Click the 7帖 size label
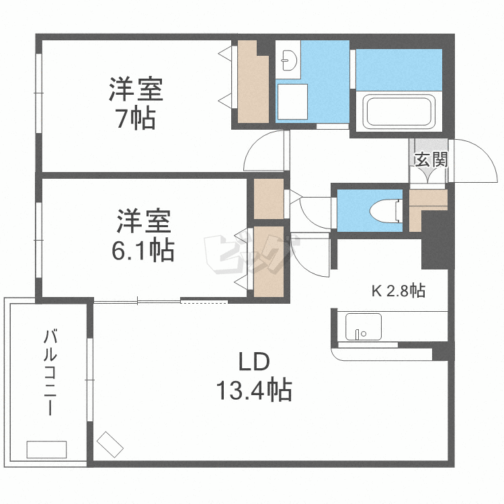(x=136, y=118)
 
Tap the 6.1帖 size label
(x=143, y=249)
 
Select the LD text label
(x=254, y=362)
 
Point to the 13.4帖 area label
(x=254, y=390)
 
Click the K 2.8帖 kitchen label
(x=398, y=291)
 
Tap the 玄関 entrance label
(x=431, y=159)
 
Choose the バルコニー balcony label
(x=50, y=372)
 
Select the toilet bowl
(x=386, y=211)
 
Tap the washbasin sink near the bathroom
(x=288, y=59)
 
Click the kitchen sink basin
(x=364, y=327)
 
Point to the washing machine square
(x=292, y=102)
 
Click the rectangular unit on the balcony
(x=46, y=450)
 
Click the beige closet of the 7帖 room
(x=253, y=83)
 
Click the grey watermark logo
(x=252, y=254)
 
